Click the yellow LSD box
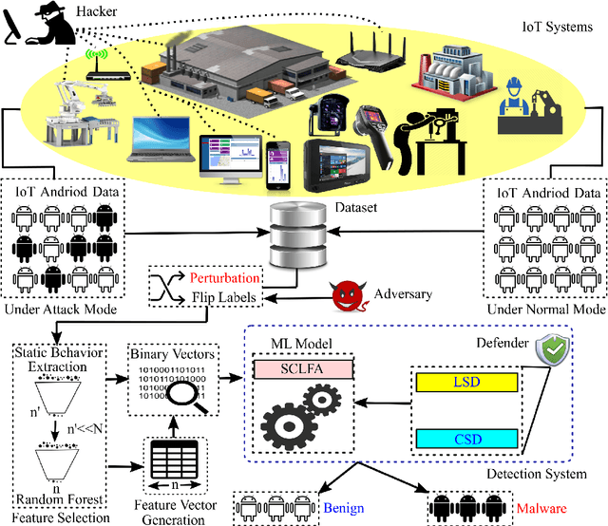point(465,382)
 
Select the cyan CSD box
point(465,439)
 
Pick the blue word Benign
point(343,508)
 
